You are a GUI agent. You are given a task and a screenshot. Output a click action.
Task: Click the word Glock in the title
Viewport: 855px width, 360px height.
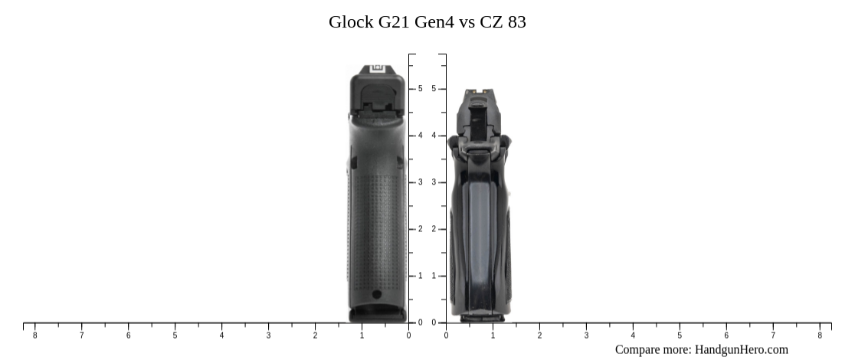(351, 22)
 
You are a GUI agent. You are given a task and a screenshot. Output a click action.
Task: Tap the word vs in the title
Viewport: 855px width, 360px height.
(467, 22)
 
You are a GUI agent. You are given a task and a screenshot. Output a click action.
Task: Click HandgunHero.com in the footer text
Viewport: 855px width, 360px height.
(741, 349)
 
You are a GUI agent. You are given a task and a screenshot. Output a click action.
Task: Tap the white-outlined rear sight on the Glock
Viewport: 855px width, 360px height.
(377, 68)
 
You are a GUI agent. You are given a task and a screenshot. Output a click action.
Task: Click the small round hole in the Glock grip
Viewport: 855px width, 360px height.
(376, 294)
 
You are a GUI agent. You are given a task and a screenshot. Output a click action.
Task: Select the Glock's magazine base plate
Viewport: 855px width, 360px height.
(377, 314)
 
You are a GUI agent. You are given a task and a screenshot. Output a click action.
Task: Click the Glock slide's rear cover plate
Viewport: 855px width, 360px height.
(377, 96)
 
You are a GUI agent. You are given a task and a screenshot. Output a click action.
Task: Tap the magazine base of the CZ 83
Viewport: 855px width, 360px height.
(477, 315)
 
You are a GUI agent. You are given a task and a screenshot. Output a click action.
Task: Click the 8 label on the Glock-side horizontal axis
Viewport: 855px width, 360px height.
(34, 335)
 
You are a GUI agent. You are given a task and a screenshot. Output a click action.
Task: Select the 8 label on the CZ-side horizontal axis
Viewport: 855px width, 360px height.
(820, 335)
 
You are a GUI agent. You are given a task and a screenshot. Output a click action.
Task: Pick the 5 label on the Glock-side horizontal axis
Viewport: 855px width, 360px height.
(175, 335)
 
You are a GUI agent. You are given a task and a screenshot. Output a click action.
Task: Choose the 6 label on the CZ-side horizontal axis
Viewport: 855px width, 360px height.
(726, 335)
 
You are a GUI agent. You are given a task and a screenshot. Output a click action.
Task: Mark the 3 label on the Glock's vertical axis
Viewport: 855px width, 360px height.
(420, 182)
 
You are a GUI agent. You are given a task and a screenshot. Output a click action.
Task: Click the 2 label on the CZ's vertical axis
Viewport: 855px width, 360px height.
(434, 229)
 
